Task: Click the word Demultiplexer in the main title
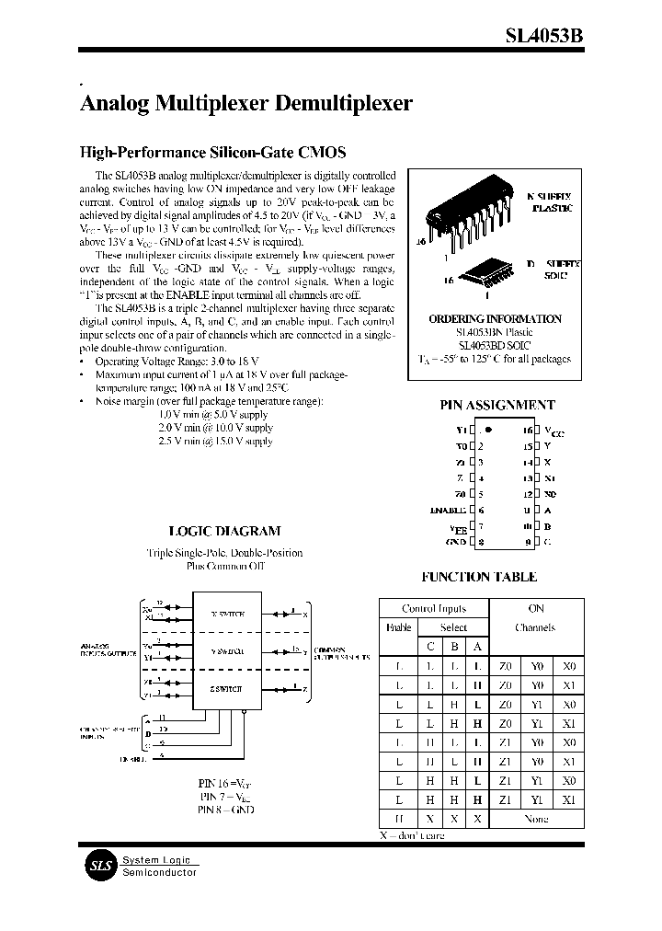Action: tap(344, 103)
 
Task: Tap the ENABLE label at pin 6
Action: tap(449, 510)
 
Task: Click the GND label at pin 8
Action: tap(455, 543)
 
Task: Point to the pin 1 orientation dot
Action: tap(489, 430)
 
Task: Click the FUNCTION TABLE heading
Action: tap(479, 577)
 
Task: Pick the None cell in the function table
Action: tap(535, 819)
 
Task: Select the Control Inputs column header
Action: tap(434, 608)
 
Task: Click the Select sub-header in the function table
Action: tap(452, 627)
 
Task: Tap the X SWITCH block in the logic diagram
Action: tap(228, 613)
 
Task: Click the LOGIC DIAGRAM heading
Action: tap(225, 531)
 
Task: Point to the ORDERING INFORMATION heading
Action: tap(495, 319)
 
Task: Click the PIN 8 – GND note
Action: tap(225, 810)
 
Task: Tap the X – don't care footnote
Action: tap(412, 835)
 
